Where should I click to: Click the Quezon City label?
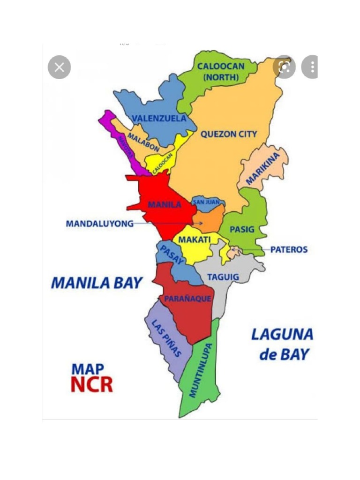(229, 134)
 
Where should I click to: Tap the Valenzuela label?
(159, 118)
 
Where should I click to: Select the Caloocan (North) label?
(220, 71)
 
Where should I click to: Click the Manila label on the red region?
(165, 204)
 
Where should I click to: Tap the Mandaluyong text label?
(99, 224)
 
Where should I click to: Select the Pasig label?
(242, 230)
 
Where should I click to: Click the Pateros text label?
(289, 249)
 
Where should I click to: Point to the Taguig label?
(223, 277)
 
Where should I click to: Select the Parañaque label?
(187, 299)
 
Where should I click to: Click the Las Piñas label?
(166, 338)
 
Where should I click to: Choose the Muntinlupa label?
(200, 370)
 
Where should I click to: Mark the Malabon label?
(143, 142)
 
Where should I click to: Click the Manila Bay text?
(96, 283)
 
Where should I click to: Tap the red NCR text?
(92, 384)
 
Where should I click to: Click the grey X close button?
(60, 67)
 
